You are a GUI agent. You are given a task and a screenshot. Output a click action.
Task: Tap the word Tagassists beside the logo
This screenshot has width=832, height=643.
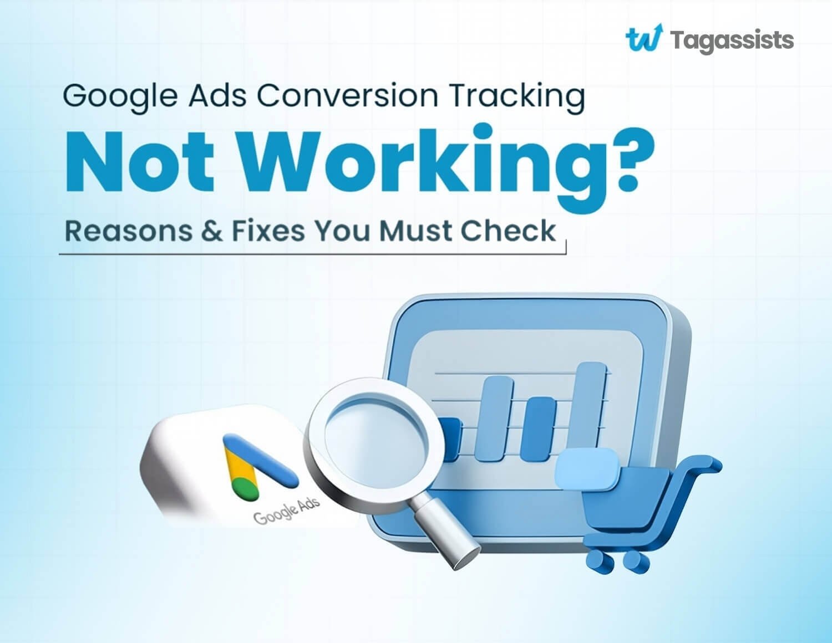click(x=732, y=40)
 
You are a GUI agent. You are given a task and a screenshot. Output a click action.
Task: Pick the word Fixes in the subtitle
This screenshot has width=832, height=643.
click(x=268, y=231)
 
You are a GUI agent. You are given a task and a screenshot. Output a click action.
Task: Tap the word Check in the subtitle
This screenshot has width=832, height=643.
click(x=508, y=231)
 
